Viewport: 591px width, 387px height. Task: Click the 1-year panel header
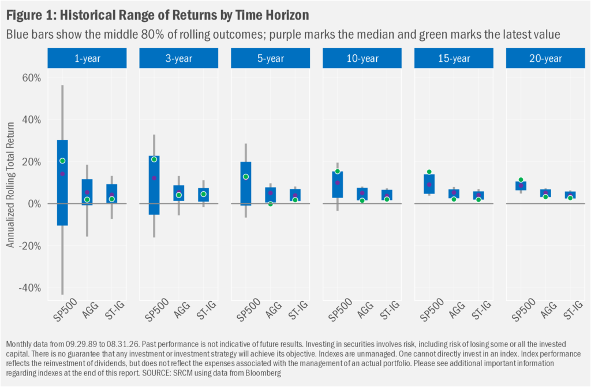pyautogui.click(x=87, y=58)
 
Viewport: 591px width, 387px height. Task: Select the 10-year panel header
pyautogui.click(x=362, y=58)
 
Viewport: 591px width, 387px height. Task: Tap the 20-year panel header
pyautogui.click(x=545, y=58)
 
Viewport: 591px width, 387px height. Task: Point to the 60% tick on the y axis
pyautogui.click(x=32, y=78)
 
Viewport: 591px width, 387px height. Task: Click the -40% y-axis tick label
pyautogui.click(x=30, y=288)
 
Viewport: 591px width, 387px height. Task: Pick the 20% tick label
pyautogui.click(x=32, y=162)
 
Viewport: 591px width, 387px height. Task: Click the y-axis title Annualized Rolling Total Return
pyautogui.click(x=10, y=185)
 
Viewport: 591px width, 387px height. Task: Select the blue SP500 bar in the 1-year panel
pyautogui.click(x=62, y=183)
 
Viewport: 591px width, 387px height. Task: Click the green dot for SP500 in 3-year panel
pyautogui.click(x=154, y=159)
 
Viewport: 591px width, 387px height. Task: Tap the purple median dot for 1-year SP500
pyautogui.click(x=62, y=174)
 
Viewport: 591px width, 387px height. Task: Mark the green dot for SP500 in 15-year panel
pyautogui.click(x=429, y=172)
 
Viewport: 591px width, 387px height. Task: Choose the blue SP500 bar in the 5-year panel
pyautogui.click(x=246, y=184)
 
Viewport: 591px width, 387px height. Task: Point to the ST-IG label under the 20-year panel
pyautogui.click(x=573, y=310)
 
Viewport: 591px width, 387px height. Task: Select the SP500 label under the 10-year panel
pyautogui.click(x=340, y=310)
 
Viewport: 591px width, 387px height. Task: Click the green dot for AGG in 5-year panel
pyautogui.click(x=270, y=204)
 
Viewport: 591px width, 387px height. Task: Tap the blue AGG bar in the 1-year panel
pyautogui.click(x=87, y=192)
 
